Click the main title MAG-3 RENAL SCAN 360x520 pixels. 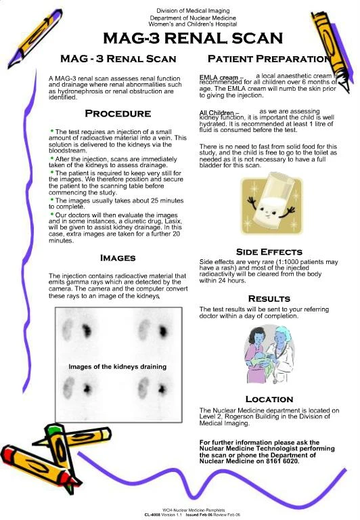(x=193, y=37)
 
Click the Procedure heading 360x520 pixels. (x=117, y=113)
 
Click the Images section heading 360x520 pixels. (x=118, y=258)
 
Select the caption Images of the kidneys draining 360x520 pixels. (x=117, y=366)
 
